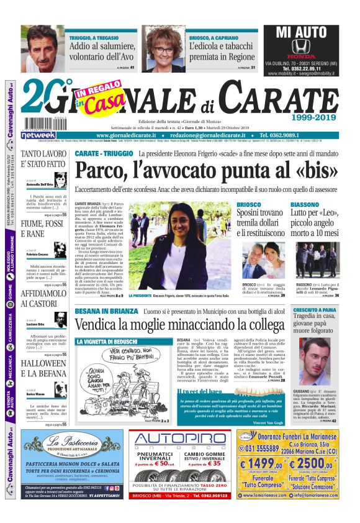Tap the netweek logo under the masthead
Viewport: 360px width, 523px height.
click(38, 135)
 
